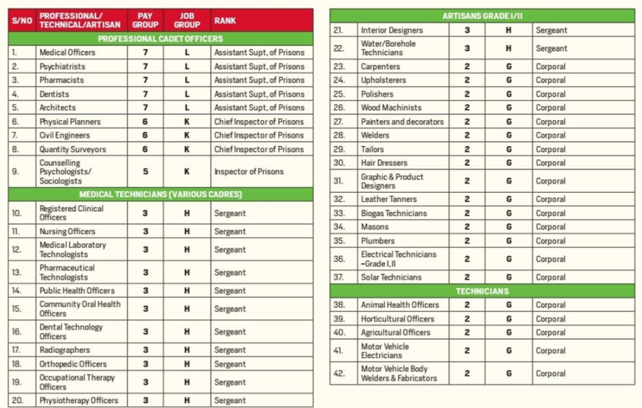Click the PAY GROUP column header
pos(144,19)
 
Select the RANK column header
pos(225,19)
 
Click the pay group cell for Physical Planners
pos(144,122)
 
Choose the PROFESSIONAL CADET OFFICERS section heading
pos(160,38)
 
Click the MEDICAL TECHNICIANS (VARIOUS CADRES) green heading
pos(160,194)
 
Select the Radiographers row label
pos(64,350)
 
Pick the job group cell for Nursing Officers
pos(187,231)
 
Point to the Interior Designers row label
pos(392,30)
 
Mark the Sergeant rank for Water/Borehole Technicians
pos(551,48)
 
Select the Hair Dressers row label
pos(385,163)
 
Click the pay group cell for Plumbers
pos(467,240)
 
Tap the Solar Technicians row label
pos(391,277)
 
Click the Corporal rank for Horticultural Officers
pos(550,319)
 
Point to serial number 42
pos(339,374)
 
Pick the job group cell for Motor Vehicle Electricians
pos(508,350)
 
